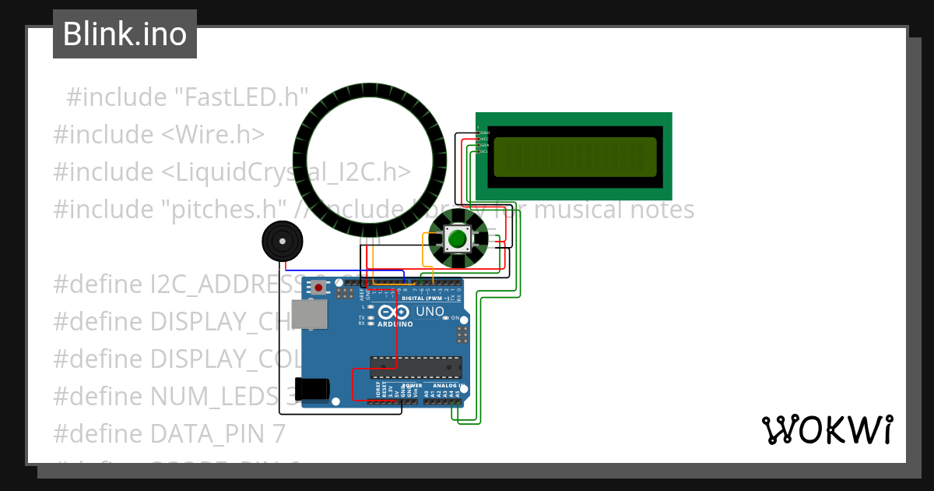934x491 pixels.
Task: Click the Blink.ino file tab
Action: [125, 34]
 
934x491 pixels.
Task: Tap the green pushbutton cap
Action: [458, 238]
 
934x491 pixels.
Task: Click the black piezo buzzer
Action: [281, 242]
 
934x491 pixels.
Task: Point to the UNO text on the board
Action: [430, 312]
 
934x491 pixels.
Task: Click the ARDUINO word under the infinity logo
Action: [395, 323]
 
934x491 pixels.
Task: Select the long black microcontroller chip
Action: [416, 366]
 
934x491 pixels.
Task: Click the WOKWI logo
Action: [827, 430]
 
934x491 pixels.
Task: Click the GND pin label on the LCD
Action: [484, 132]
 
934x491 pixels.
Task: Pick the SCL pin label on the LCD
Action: [484, 150]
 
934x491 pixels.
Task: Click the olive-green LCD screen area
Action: [574, 155]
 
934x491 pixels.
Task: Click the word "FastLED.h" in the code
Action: [241, 97]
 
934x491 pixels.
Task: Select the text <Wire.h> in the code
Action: [212, 134]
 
